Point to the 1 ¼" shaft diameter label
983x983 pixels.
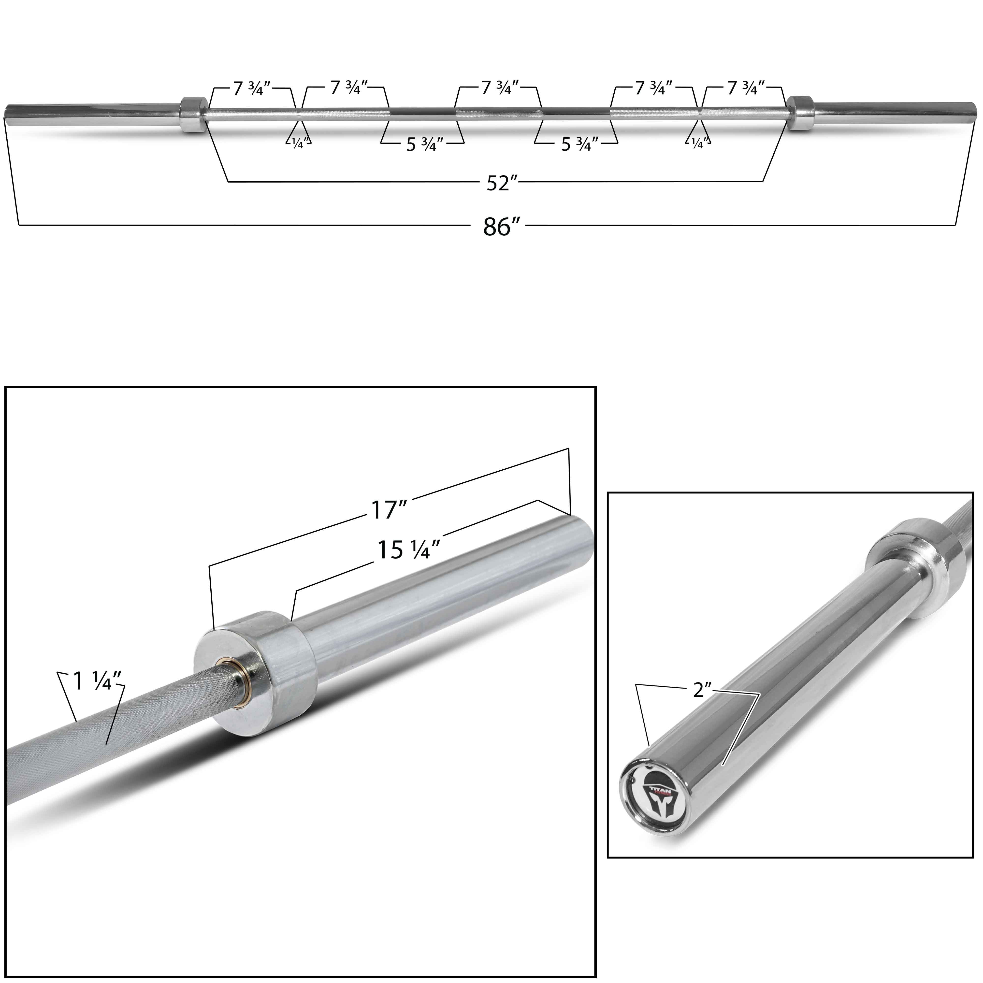(x=97, y=681)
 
